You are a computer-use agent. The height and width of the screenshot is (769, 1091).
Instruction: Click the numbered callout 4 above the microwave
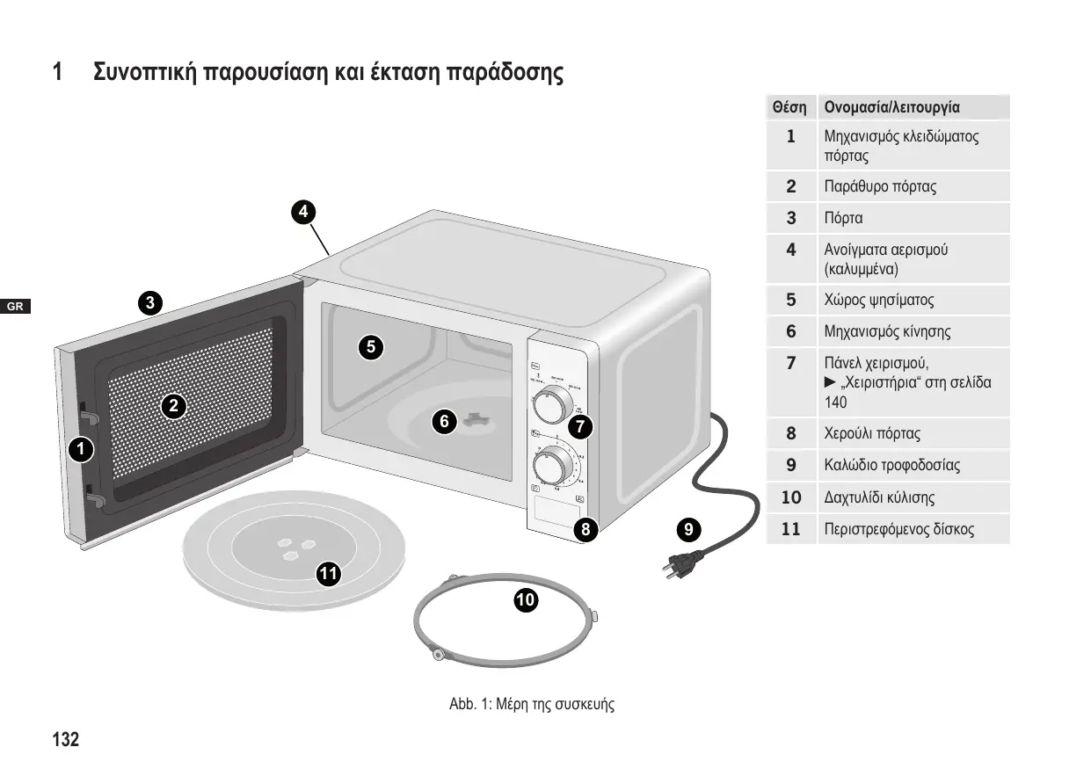[302, 211]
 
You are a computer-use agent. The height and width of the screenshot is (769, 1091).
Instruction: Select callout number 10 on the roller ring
[526, 600]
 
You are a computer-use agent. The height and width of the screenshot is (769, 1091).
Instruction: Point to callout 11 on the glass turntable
[329, 575]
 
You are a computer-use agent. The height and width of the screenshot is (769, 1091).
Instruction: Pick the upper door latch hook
[88, 410]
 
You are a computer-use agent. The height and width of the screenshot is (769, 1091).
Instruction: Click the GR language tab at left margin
[15, 307]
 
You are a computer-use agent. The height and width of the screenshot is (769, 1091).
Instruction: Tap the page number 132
[65, 740]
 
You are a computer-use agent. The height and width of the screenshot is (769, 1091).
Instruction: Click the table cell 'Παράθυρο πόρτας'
[880, 186]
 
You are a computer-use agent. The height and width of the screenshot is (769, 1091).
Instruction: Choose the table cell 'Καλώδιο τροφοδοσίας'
[891, 465]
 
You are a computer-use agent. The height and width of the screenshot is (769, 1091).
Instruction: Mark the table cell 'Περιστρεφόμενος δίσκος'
[898, 530]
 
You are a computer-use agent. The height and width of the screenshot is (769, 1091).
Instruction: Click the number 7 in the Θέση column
[791, 362]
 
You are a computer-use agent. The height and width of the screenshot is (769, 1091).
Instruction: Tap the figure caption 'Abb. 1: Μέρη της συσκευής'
[532, 704]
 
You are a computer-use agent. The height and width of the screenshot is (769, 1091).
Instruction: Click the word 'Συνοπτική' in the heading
[146, 71]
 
